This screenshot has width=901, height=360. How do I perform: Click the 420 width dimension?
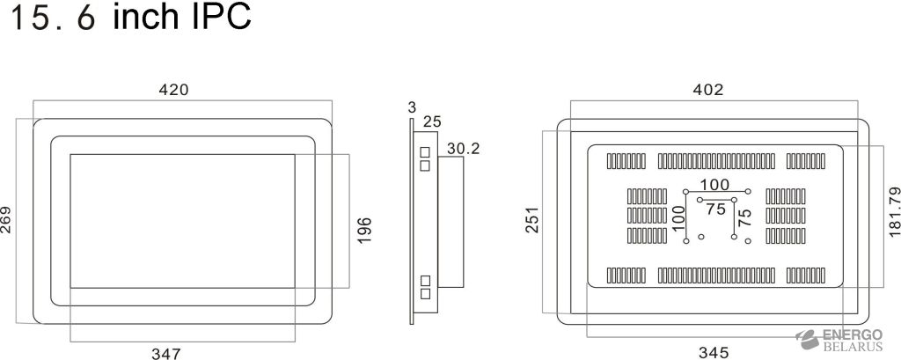click(x=173, y=90)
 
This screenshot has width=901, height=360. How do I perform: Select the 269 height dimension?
click(x=7, y=220)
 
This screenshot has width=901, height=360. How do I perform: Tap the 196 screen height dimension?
click(x=365, y=230)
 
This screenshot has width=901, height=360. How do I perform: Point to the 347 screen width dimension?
click(x=165, y=353)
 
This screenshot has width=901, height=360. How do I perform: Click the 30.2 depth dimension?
click(x=463, y=149)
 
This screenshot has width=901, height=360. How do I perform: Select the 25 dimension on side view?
click(x=431, y=121)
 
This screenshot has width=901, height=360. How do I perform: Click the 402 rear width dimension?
click(x=707, y=90)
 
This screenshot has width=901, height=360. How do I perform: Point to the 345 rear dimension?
click(x=712, y=353)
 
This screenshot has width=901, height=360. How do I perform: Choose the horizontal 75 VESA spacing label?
click(x=716, y=209)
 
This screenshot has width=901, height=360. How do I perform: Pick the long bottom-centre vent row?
click(x=716, y=276)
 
